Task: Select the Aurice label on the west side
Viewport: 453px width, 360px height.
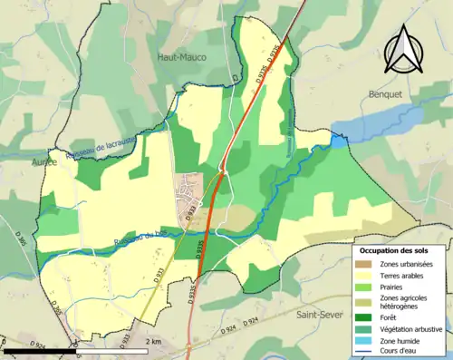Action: pyautogui.click(x=44, y=161)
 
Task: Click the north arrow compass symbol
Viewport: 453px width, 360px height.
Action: pyautogui.click(x=404, y=50)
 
